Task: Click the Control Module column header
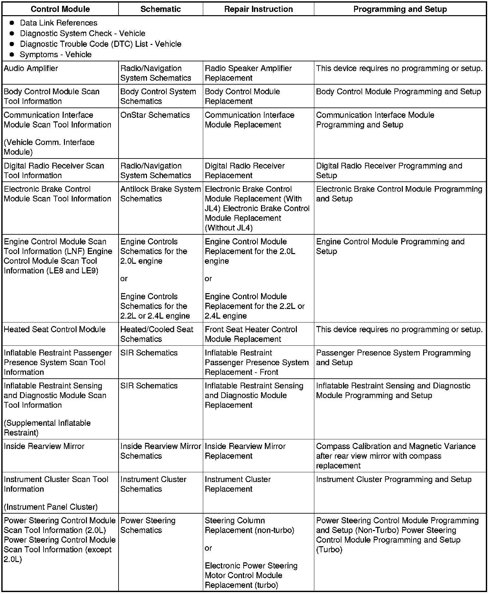point(60,9)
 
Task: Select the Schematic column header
point(161,9)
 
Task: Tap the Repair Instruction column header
point(258,9)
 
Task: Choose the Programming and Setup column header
point(400,9)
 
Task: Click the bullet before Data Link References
point(12,23)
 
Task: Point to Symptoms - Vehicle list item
point(56,55)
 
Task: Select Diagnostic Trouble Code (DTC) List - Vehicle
point(100,44)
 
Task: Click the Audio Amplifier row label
point(31,68)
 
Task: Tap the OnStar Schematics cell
point(155,115)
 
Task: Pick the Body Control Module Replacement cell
point(242,96)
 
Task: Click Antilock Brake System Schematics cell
point(160,194)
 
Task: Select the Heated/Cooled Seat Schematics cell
point(157,334)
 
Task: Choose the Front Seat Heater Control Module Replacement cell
point(251,334)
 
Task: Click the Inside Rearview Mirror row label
point(44,446)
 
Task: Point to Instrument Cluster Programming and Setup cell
point(394,479)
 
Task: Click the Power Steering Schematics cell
point(148,525)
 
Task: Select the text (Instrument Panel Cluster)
point(51,507)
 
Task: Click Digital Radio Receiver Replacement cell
point(245,170)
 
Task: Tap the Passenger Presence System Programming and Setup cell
point(393,358)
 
